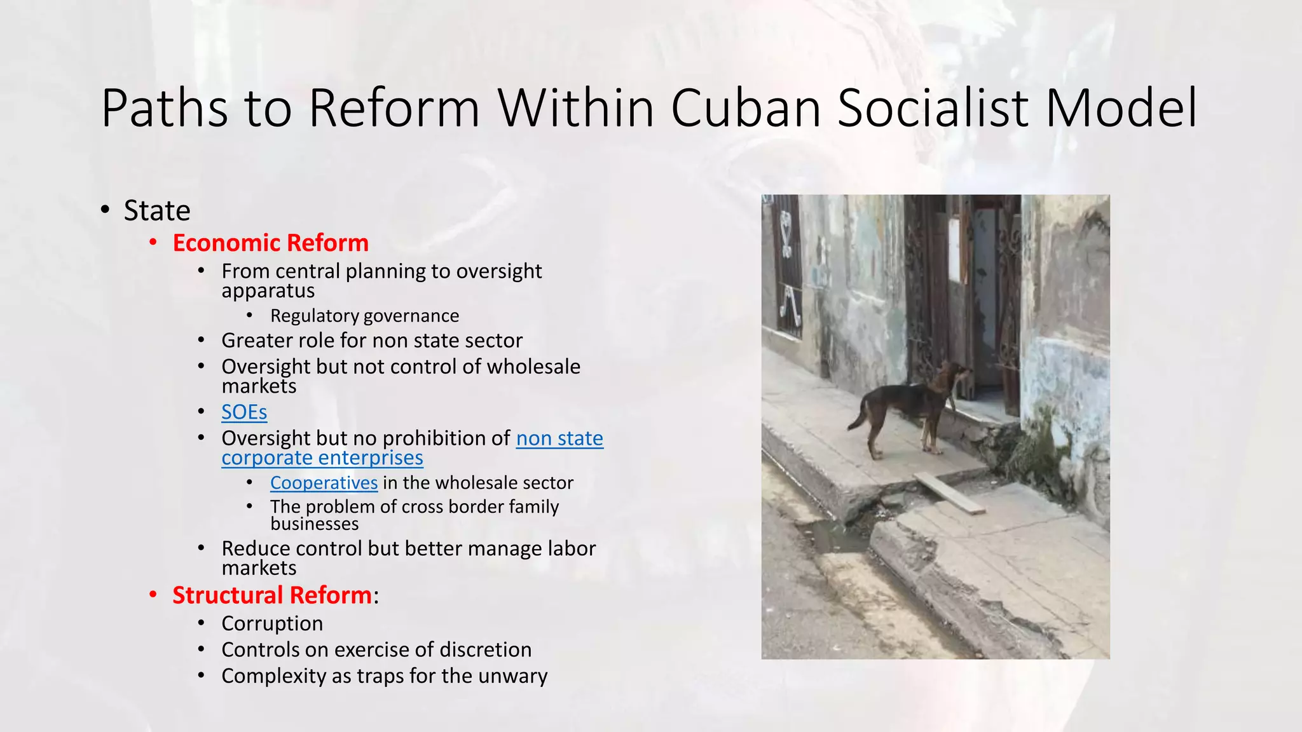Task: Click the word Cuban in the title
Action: (746, 108)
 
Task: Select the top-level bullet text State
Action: (157, 211)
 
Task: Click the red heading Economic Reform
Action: (270, 243)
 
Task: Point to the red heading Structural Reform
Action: (272, 595)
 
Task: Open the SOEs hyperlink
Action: (244, 412)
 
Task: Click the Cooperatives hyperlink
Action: (324, 483)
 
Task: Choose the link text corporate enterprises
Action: (322, 458)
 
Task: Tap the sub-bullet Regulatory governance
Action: (364, 316)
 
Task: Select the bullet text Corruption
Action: (272, 624)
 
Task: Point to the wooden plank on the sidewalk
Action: (949, 493)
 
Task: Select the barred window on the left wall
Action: (788, 267)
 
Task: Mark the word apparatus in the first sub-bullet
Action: (268, 291)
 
